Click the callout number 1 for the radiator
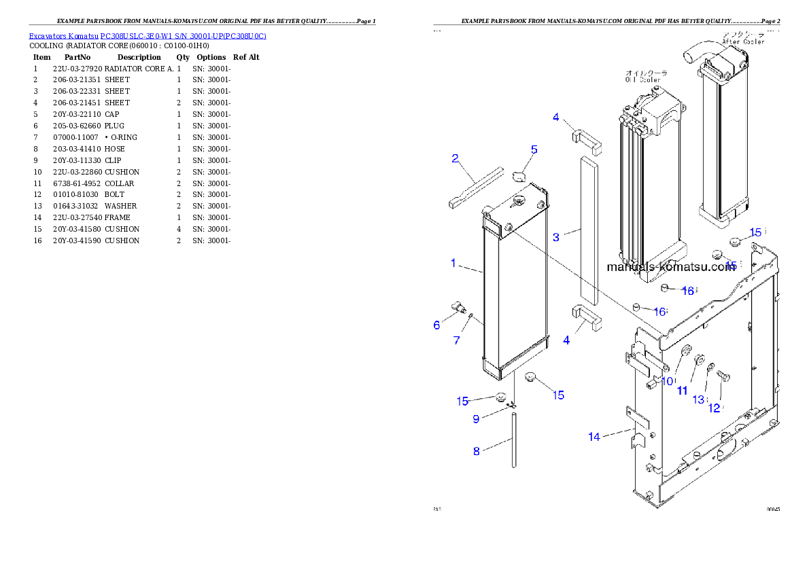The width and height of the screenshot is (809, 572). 453,263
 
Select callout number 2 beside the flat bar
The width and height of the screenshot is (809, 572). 455,159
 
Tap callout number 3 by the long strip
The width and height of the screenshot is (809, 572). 556,237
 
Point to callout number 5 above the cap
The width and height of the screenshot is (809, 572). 534,149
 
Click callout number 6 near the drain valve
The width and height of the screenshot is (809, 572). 436,325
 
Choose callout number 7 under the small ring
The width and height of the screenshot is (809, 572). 457,340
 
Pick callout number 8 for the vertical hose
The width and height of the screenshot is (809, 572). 477,450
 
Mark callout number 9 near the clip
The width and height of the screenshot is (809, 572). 476,419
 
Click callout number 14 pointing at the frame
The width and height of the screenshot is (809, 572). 594,437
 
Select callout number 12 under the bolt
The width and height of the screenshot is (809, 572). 714,408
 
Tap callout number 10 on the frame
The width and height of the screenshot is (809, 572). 667,382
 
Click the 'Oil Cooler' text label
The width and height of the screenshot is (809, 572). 643,76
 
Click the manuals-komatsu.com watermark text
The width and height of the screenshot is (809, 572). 670,267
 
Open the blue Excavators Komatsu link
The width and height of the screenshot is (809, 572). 148,35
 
